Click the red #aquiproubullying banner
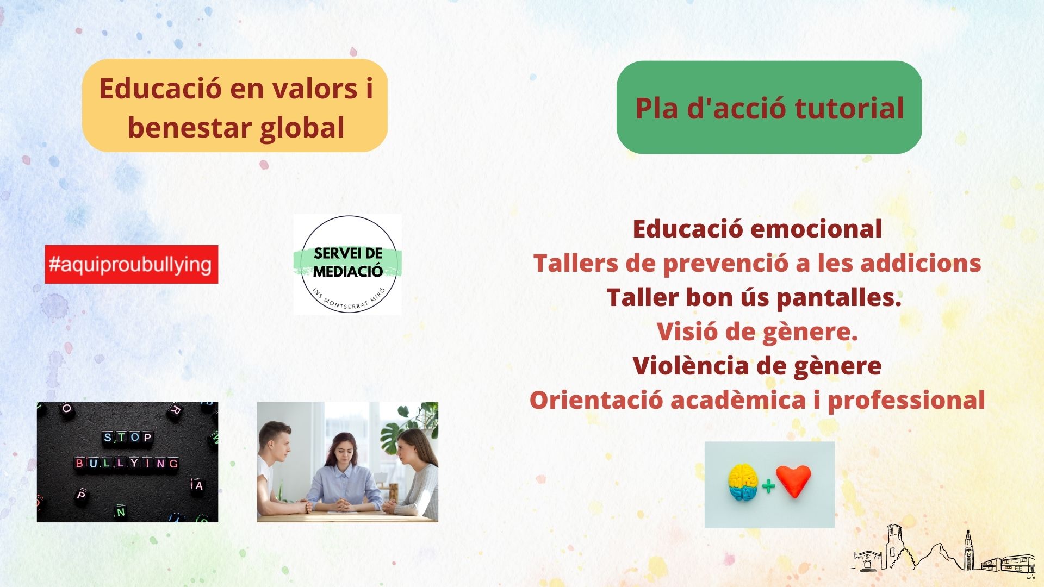point(132,264)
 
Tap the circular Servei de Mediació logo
point(348,264)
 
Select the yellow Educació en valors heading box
point(235,105)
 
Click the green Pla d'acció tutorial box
point(769,107)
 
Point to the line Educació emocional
point(757,229)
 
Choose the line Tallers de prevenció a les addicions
point(757,264)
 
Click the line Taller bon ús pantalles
point(754,298)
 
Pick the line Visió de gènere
point(757,332)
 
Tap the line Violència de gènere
point(757,366)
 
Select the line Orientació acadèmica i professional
point(757,400)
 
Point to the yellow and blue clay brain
point(743,482)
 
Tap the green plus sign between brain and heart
point(768,485)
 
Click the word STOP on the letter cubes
point(128,438)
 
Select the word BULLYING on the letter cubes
point(127,463)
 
